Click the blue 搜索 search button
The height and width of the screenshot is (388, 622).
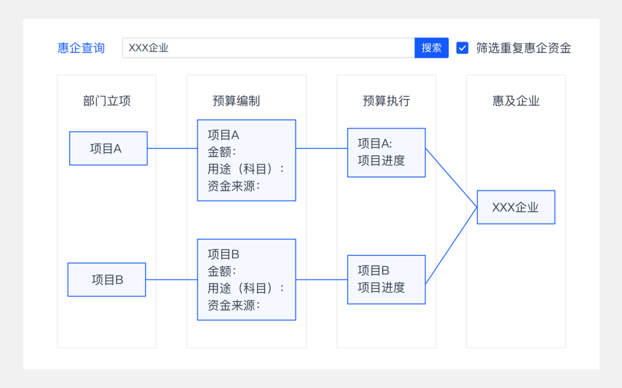(x=431, y=48)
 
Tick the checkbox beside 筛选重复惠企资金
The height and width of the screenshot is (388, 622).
(x=462, y=48)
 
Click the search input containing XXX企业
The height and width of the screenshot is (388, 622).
(x=268, y=48)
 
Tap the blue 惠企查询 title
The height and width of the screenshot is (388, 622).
(x=81, y=48)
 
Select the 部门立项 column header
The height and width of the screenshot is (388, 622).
(x=107, y=101)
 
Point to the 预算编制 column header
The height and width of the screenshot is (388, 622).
(x=236, y=101)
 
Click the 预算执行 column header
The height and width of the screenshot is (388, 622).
(x=386, y=101)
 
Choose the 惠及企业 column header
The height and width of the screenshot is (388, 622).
(x=516, y=101)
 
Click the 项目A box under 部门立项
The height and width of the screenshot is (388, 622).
(x=108, y=149)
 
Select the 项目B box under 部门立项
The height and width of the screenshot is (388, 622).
(x=107, y=280)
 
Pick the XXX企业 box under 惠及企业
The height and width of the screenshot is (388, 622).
(x=516, y=207)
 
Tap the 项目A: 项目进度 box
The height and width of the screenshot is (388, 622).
(x=386, y=153)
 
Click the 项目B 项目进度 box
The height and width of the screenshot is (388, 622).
(x=386, y=279)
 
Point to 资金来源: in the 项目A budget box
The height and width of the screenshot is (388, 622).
(x=234, y=185)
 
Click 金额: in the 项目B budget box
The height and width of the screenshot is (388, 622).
(x=222, y=271)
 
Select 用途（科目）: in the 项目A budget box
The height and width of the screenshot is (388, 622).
(x=246, y=169)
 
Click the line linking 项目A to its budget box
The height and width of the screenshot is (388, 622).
(x=172, y=149)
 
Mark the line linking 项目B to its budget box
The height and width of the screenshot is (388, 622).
(x=171, y=280)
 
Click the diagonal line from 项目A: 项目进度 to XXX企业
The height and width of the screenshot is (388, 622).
(x=452, y=178)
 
